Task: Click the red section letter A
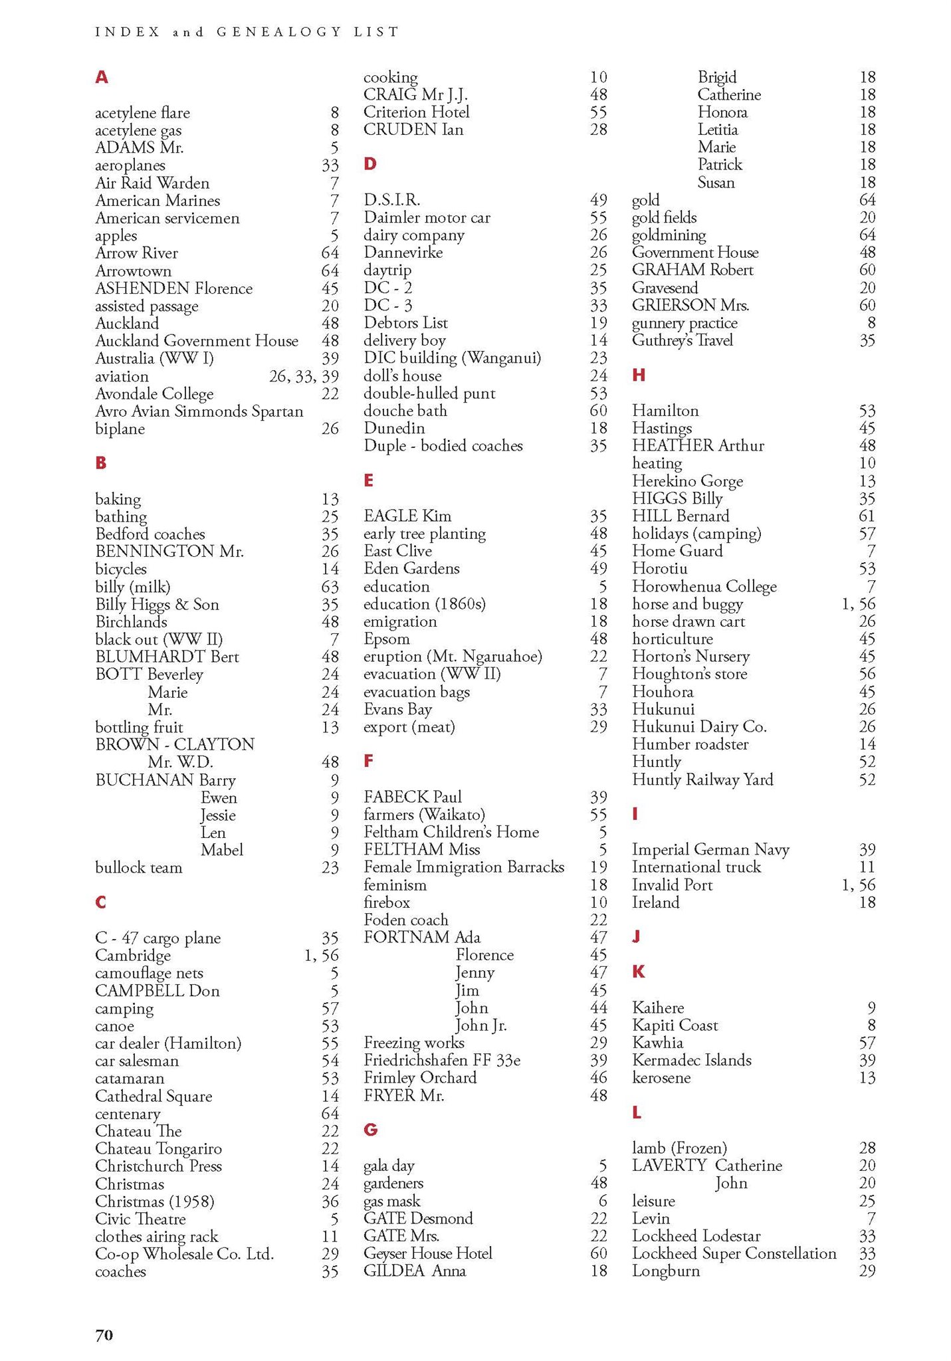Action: [x=101, y=78]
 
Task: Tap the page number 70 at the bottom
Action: [x=104, y=1334]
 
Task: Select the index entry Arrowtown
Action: [x=133, y=271]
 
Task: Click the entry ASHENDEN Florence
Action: [x=173, y=288]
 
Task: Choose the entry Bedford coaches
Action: [x=150, y=534]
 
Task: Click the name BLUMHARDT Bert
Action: [x=167, y=657]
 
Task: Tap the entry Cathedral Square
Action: [x=154, y=1096]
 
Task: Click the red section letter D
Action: [x=370, y=164]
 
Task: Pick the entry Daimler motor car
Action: [x=427, y=218]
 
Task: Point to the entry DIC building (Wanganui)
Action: [x=452, y=358]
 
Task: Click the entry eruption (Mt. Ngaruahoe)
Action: [x=453, y=657]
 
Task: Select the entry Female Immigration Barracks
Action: [x=463, y=867]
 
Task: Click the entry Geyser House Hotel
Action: [x=427, y=1253]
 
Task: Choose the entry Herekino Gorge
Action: [x=687, y=481]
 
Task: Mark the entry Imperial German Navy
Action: [x=710, y=850]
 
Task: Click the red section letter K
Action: [x=639, y=972]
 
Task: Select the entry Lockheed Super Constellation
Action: [x=734, y=1253]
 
